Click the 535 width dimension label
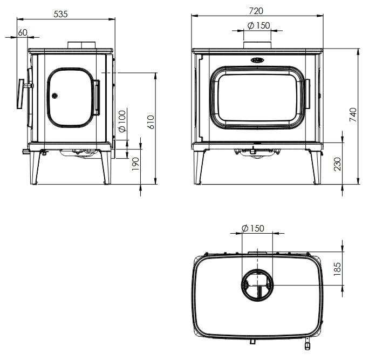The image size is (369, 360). [60, 14]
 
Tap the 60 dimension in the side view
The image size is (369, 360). [22, 32]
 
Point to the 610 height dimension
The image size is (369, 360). [151, 122]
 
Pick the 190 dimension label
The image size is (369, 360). [135, 163]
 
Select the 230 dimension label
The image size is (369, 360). [338, 164]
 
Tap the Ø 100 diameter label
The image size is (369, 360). [122, 121]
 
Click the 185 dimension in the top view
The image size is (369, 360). [337, 268]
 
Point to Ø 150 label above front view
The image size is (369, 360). [258, 25]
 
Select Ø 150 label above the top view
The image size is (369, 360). [253, 228]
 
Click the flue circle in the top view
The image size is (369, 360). [257, 284]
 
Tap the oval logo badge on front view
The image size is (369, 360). [257, 60]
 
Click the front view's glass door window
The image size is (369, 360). [257, 97]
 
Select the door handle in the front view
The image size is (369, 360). [306, 94]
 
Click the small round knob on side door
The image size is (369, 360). [54, 96]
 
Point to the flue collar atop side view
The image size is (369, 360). [81, 45]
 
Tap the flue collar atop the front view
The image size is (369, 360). [257, 45]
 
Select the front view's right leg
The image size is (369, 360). [315, 167]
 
